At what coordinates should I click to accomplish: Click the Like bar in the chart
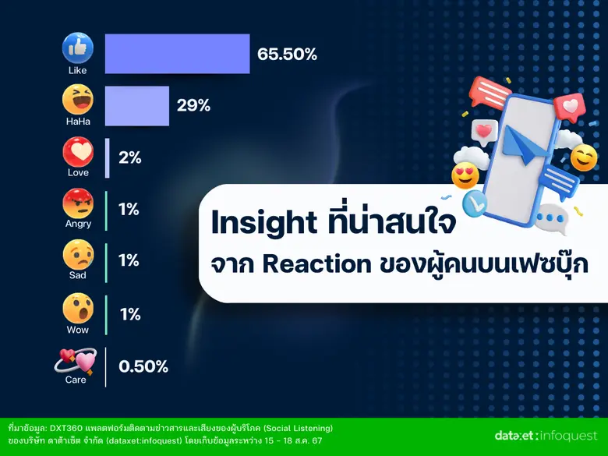(x=177, y=54)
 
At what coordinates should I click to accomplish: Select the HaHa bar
(x=136, y=105)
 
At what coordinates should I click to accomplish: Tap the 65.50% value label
(x=287, y=54)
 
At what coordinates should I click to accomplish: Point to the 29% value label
(x=193, y=105)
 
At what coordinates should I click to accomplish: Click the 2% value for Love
(x=129, y=157)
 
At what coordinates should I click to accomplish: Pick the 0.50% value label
(x=143, y=366)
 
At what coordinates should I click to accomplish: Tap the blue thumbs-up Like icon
(x=78, y=48)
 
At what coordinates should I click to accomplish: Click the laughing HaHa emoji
(x=78, y=100)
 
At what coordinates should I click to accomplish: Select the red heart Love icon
(x=78, y=152)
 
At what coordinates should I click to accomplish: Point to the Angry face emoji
(x=78, y=203)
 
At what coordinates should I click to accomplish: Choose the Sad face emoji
(x=78, y=255)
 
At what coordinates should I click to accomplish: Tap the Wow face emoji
(x=78, y=308)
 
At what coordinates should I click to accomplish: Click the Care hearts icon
(x=76, y=359)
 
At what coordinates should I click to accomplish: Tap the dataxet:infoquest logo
(x=545, y=435)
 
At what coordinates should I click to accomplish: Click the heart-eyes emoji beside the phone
(x=465, y=175)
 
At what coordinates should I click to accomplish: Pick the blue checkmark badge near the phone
(x=474, y=204)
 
